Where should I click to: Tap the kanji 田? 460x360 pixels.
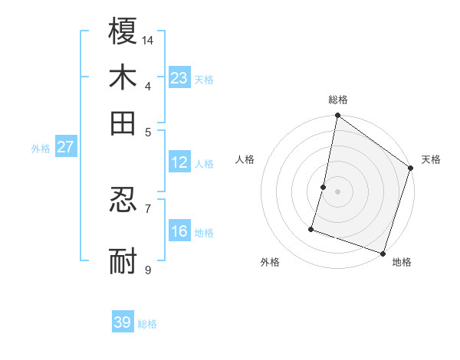pyautogui.click(x=123, y=123)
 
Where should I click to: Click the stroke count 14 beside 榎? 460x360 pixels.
pyautogui.click(x=148, y=39)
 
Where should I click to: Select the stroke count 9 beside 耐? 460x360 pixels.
pyautogui.click(x=147, y=270)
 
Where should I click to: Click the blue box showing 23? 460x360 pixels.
pyautogui.click(x=179, y=77)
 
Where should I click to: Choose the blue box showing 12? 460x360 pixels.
pyautogui.click(x=179, y=162)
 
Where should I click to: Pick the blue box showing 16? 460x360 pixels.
pyautogui.click(x=179, y=231)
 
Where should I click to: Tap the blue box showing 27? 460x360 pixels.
pyautogui.click(x=65, y=147)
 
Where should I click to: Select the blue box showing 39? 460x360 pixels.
pyautogui.click(x=123, y=322)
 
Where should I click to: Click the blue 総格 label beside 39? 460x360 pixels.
pyautogui.click(x=148, y=324)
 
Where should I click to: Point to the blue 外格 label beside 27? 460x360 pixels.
pyautogui.click(x=41, y=149)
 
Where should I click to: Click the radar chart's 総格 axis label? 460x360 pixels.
pyautogui.click(x=338, y=100)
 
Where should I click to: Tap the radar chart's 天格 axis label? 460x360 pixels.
pyautogui.click(x=431, y=159)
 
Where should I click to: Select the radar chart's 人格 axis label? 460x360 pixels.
pyautogui.click(x=245, y=159)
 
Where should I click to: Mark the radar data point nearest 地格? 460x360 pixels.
pyautogui.click(x=383, y=253)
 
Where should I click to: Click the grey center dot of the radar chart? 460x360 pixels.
pyautogui.click(x=337, y=191)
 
